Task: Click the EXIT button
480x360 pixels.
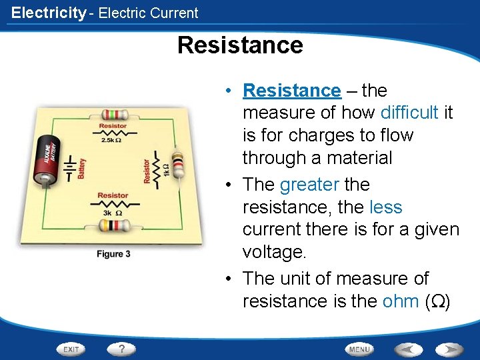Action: [x=71, y=349]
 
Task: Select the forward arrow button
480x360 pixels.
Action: [x=448, y=349]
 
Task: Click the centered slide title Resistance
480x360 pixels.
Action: [x=240, y=45]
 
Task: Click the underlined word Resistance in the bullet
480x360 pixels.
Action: [x=291, y=90]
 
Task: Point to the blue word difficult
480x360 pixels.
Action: [x=409, y=113]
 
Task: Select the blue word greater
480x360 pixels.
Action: [x=309, y=184]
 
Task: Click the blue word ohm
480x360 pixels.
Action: [x=400, y=301]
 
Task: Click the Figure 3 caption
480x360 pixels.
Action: [x=113, y=254]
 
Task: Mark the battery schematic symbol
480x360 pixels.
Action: [x=69, y=169]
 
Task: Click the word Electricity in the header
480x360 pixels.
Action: [x=49, y=13]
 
